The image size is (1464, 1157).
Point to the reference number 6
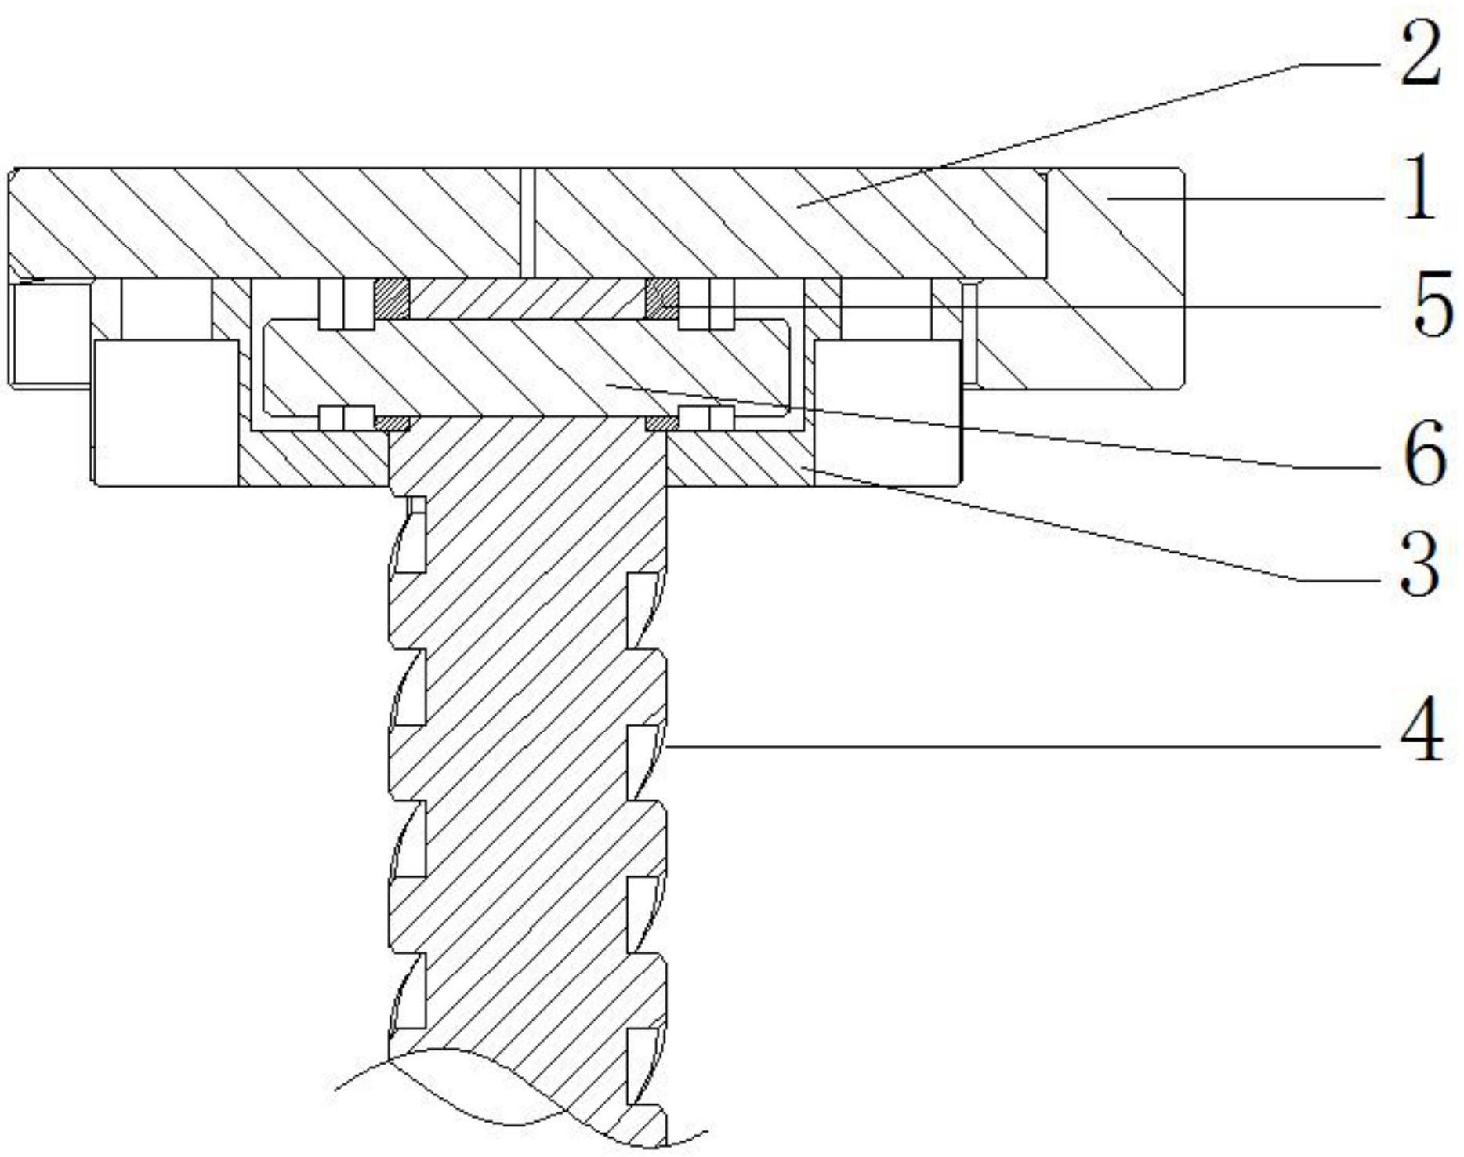tap(1423, 453)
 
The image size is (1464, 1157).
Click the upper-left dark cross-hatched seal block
tap(391, 299)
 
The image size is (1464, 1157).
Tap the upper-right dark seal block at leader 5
tap(661, 299)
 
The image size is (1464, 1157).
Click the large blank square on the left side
tap(166, 412)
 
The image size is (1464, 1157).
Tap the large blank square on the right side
tap(887, 412)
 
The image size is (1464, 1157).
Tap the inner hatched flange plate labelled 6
tap(525, 367)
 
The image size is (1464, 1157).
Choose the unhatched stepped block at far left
tap(52, 334)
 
